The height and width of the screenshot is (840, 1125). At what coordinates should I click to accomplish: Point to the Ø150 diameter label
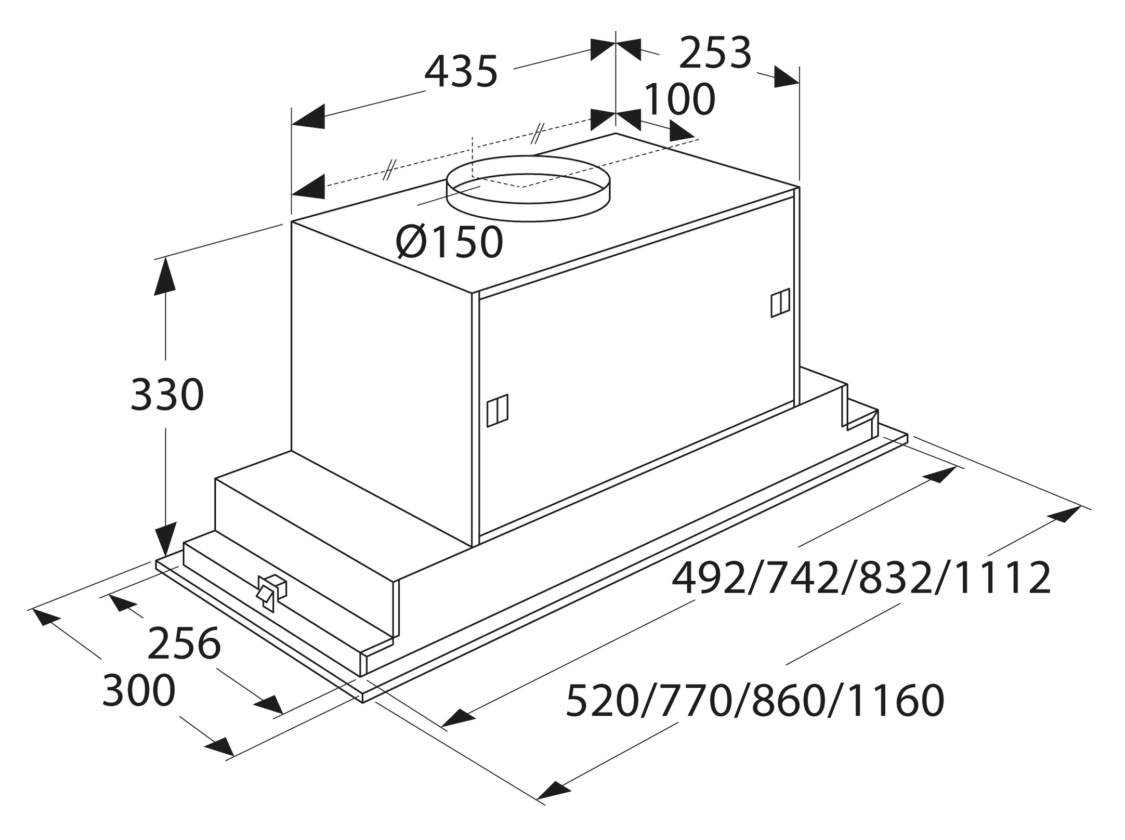[449, 242]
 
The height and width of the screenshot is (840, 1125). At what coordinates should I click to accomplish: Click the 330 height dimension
[167, 395]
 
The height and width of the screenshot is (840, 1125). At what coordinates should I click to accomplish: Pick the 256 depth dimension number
[185, 644]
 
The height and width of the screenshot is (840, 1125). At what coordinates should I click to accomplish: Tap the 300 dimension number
[139, 690]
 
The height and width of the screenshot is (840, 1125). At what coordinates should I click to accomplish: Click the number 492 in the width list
[708, 578]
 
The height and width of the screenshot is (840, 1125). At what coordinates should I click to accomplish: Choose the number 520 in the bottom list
[602, 701]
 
